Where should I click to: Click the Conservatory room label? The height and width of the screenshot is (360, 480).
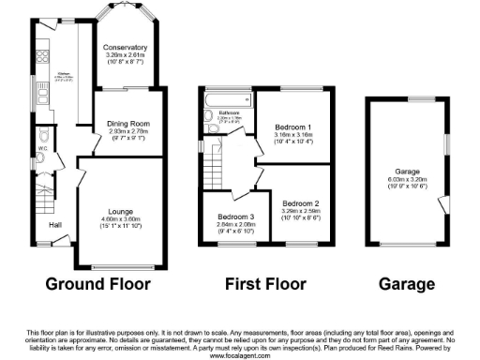coord(126,47)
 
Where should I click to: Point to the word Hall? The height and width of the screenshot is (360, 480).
coord(55,225)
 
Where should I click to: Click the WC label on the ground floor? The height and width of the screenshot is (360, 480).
coord(43,148)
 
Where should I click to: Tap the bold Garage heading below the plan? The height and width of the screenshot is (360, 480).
coord(406,284)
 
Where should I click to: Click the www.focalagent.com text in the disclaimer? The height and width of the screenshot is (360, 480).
coord(239,356)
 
